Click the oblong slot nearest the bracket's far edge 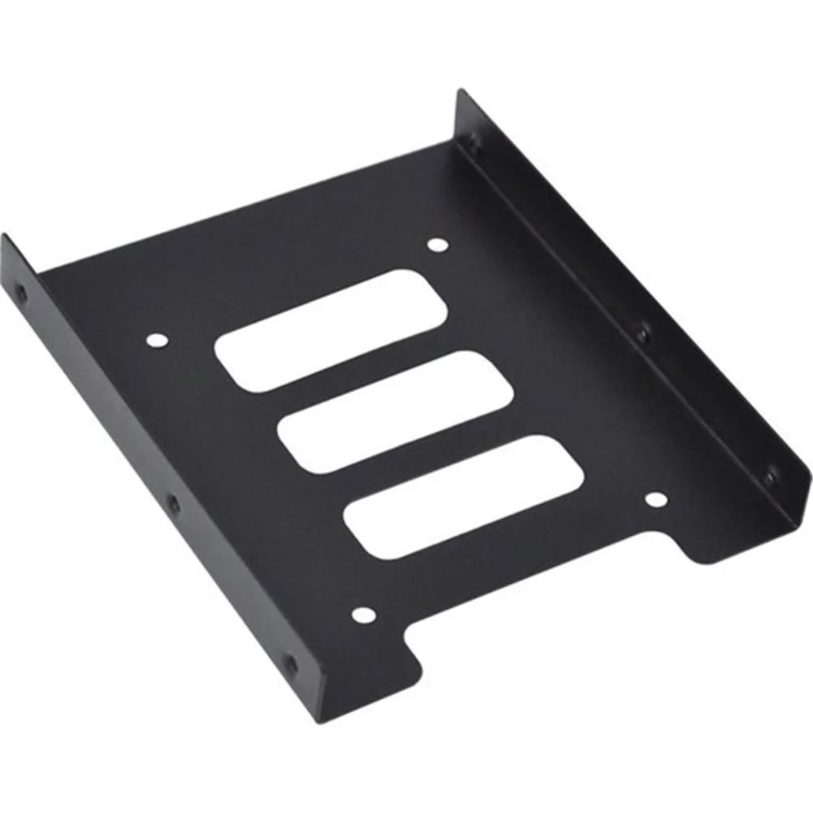click(x=331, y=329)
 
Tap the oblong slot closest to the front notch click(x=463, y=496)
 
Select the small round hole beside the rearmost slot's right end click(x=437, y=245)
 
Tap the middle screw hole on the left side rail click(x=173, y=503)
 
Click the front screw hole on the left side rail click(x=290, y=665)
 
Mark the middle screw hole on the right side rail click(x=642, y=333)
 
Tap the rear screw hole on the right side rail click(x=472, y=143)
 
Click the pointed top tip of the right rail click(x=460, y=92)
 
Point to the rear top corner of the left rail click(x=4, y=237)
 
